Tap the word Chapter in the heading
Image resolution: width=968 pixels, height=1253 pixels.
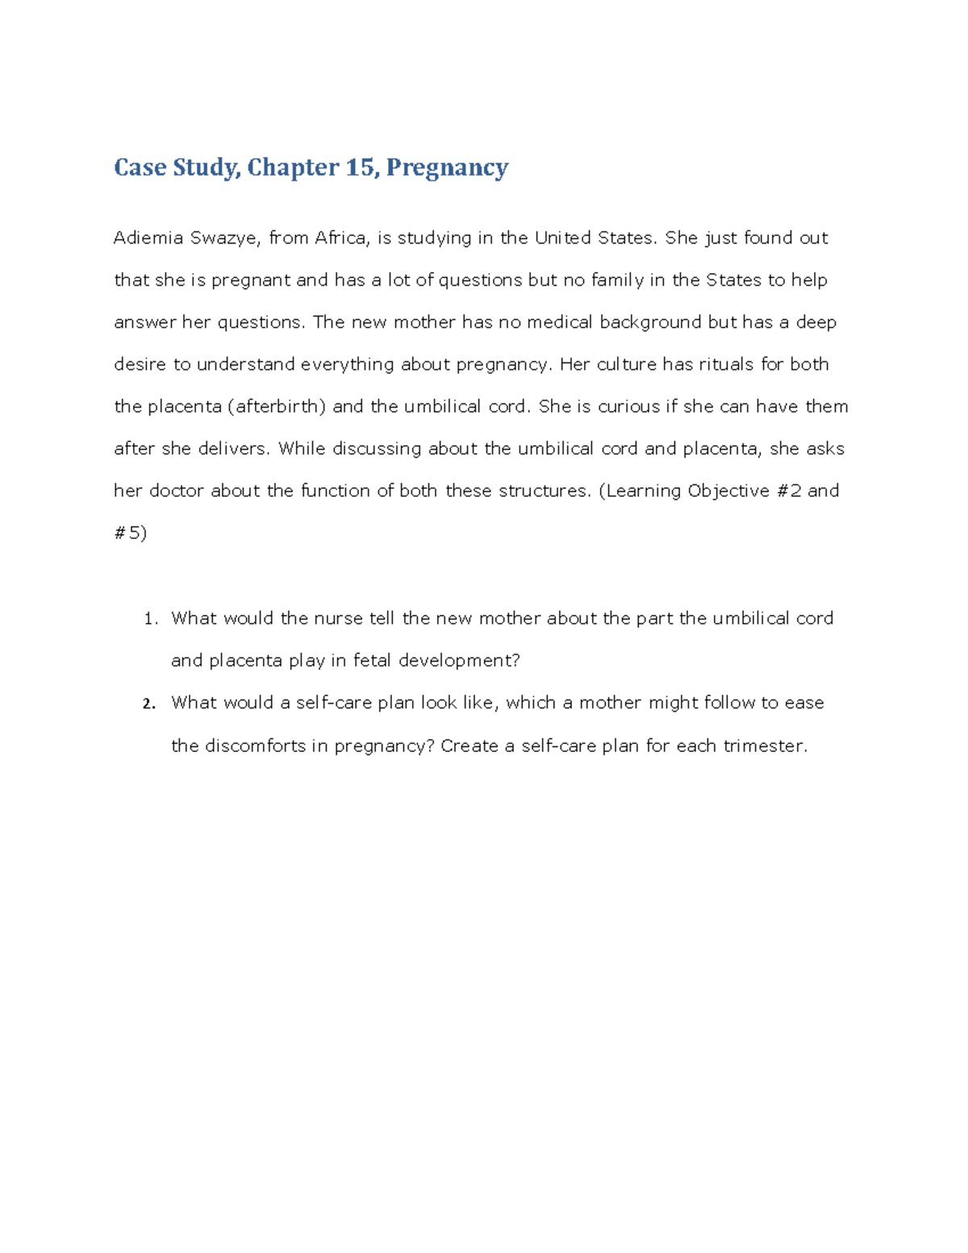[293, 167]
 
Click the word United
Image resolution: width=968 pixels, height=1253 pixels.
[563, 238]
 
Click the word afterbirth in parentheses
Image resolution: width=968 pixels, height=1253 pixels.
[277, 407]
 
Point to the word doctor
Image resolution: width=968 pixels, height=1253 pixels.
[176, 491]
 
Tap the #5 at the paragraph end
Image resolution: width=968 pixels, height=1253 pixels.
[130, 533]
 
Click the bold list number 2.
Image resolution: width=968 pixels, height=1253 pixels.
[148, 704]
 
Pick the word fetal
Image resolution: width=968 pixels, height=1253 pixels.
[372, 661]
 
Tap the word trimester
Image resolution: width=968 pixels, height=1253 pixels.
[763, 746]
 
